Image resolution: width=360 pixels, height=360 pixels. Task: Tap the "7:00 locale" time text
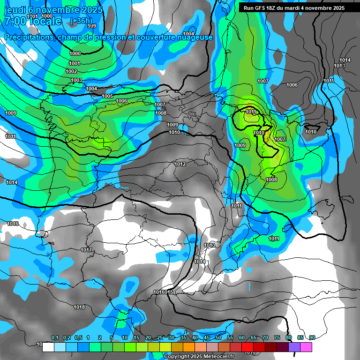(33, 21)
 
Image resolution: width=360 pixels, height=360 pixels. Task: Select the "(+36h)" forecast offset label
(81, 21)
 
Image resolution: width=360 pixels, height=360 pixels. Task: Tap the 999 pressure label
(92, 26)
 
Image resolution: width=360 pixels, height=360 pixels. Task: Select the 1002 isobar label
(71, 71)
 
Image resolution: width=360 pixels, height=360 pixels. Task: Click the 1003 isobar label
(77, 80)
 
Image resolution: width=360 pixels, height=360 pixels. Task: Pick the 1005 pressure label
(107, 96)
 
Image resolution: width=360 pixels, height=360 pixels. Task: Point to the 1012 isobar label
(180, 164)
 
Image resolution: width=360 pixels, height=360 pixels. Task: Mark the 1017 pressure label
(86, 250)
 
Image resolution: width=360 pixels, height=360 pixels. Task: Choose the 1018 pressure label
(79, 307)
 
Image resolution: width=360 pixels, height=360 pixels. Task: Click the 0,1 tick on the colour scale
(54, 338)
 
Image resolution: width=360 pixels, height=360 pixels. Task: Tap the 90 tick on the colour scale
(312, 338)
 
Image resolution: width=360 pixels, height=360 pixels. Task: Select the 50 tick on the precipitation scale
(218, 338)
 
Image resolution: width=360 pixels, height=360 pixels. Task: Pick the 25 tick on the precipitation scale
(160, 338)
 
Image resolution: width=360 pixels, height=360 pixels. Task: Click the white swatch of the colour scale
(48, 347)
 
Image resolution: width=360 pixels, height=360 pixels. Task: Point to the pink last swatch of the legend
(306, 347)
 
